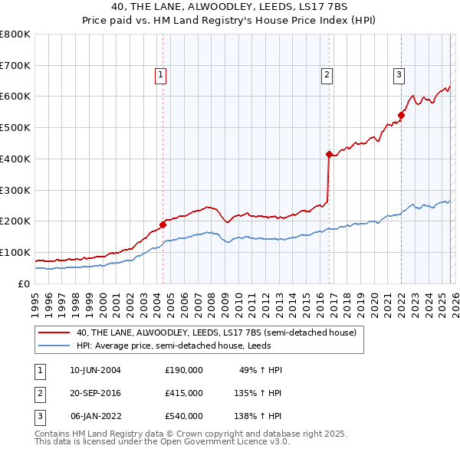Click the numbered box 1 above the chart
[x=161, y=74]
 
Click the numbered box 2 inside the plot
[x=327, y=74]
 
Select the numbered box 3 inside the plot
[x=399, y=74]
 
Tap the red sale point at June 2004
[x=163, y=224]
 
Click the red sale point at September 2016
[x=329, y=155]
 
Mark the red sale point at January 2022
[x=401, y=116]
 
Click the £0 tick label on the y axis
[x=23, y=283]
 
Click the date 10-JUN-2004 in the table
[x=95, y=370]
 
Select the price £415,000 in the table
[x=184, y=392]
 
